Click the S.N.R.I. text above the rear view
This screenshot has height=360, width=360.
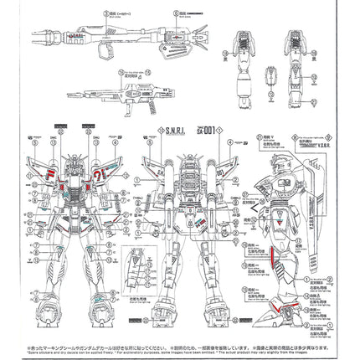click(177, 131)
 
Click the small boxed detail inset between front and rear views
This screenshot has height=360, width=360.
click(137, 269)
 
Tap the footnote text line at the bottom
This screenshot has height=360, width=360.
click(180, 345)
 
